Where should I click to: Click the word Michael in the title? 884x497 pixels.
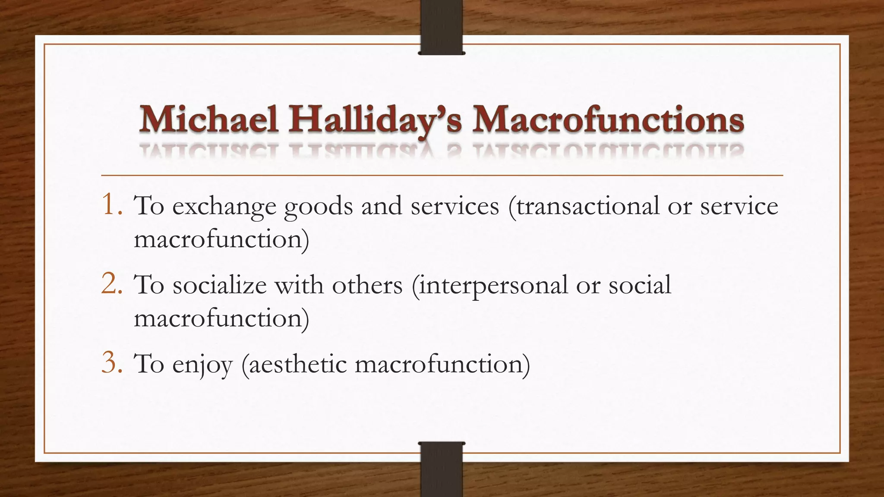point(209,120)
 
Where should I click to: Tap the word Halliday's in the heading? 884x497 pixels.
point(375,120)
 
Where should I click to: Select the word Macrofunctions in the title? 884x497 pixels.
point(608,120)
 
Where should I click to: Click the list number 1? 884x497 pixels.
point(112,205)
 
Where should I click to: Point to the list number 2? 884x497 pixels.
point(112,284)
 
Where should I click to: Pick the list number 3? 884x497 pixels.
point(112,363)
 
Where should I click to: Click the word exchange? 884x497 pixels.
point(224,207)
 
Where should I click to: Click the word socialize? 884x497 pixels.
point(220,285)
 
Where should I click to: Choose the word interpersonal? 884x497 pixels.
point(489,286)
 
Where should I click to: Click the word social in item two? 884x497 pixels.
point(640,285)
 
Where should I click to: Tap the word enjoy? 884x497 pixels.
point(202,365)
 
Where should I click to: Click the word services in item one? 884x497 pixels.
point(455,206)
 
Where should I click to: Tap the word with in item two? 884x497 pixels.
point(299,285)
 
